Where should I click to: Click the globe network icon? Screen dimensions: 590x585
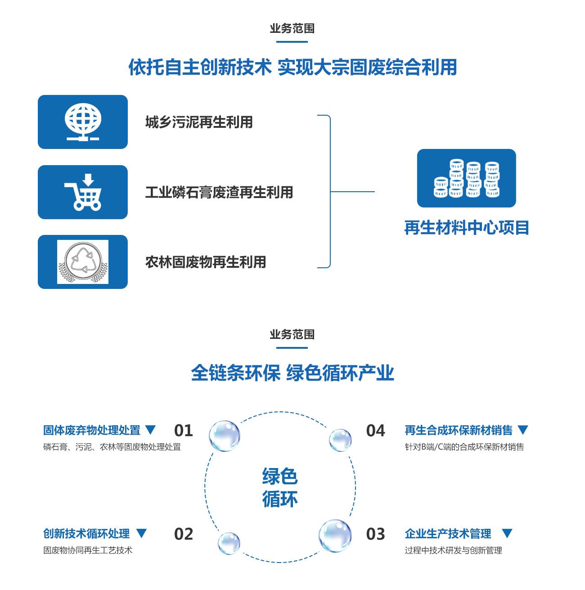83,122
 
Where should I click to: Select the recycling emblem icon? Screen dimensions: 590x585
83,262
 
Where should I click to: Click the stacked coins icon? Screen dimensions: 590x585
467,178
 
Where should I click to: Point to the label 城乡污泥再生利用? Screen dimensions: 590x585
199,122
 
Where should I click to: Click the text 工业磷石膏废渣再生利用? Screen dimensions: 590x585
219,193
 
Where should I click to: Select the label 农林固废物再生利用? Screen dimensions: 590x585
206,262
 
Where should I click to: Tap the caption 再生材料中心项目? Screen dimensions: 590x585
467,228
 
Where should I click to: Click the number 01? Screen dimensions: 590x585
184,431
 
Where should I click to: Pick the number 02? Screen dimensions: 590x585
184,534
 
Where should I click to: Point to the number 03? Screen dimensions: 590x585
376,534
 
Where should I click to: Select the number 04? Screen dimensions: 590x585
376,431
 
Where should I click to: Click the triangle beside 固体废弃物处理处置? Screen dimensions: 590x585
150,430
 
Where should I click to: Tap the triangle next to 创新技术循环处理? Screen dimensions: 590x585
141,533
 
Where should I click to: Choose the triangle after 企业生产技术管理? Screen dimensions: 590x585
507,533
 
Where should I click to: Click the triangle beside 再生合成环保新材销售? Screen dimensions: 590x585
522,430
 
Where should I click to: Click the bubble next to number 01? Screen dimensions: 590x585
224,436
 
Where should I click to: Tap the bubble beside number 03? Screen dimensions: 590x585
335,536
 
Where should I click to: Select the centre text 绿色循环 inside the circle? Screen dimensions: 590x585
280,488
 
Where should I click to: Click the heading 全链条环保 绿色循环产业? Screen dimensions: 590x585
292,373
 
